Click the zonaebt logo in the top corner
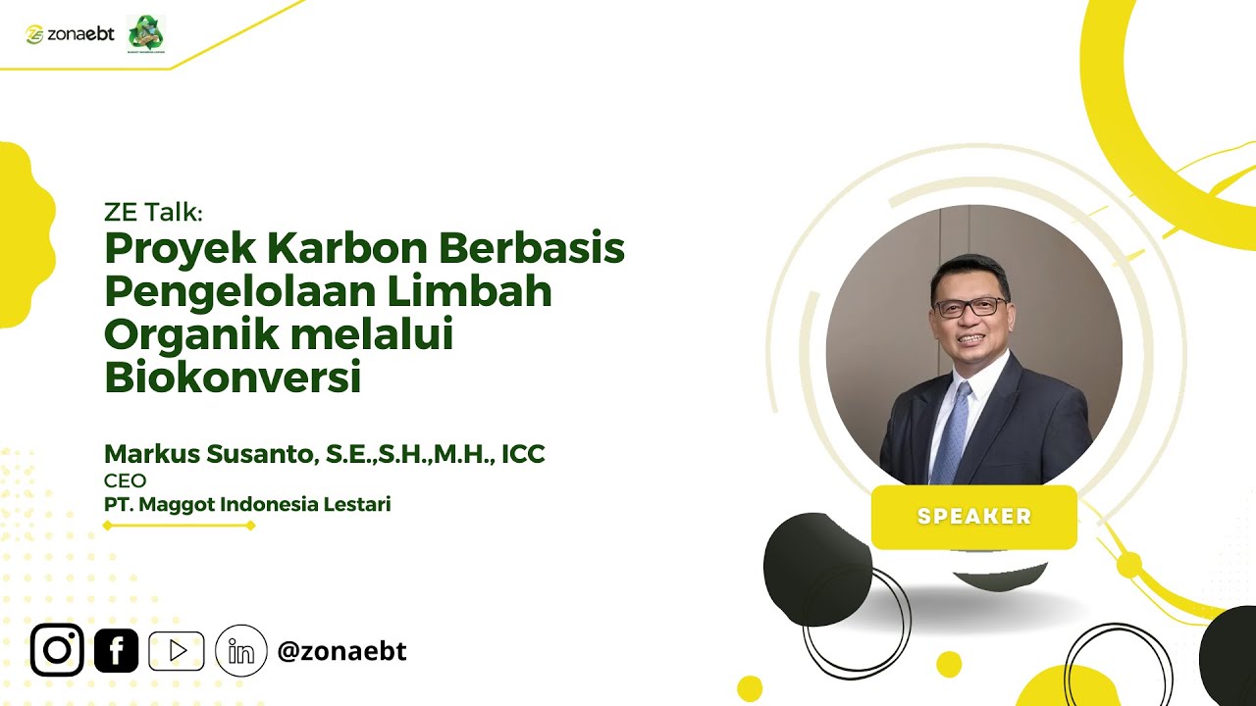click(x=70, y=34)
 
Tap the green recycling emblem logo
click(x=146, y=33)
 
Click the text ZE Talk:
click(x=152, y=212)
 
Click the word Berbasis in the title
click(x=532, y=249)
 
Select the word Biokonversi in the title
click(x=233, y=378)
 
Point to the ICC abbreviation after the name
click(x=522, y=455)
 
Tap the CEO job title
click(x=125, y=481)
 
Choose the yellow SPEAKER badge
click(x=973, y=517)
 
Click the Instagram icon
click(x=57, y=650)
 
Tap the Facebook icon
click(x=116, y=650)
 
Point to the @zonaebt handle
click(x=341, y=651)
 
